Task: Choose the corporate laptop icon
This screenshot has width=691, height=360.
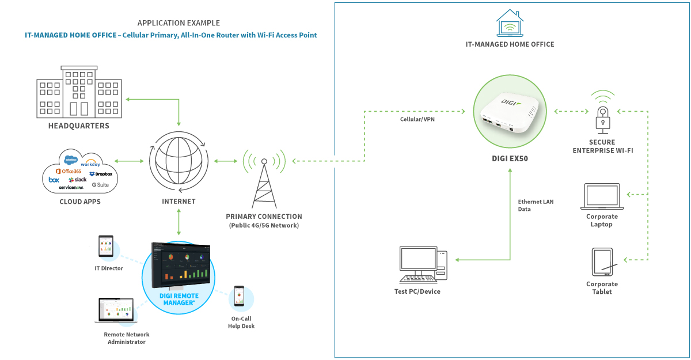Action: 602,197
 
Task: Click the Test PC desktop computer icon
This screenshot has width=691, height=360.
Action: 423,266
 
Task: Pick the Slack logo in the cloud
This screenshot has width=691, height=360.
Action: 77,180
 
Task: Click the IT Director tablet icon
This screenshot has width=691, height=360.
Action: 105,247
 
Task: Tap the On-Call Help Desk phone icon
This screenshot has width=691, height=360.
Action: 239,297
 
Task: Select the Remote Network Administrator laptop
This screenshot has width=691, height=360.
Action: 116,311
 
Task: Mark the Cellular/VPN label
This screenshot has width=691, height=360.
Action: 418,119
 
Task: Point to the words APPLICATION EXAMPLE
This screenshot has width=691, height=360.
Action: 179,23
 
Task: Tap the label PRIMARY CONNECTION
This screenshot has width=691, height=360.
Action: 264,217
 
